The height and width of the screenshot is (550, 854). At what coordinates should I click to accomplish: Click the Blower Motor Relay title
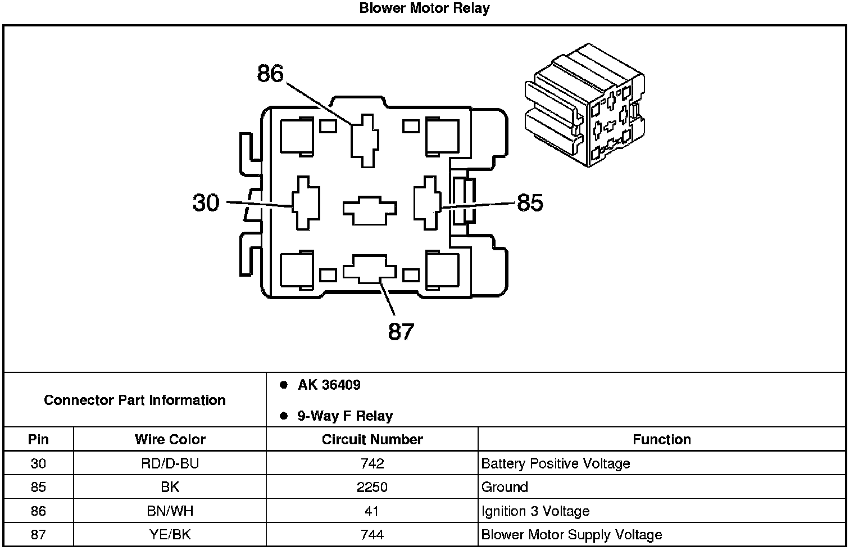coord(424,8)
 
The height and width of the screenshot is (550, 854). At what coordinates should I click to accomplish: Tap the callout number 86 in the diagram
coord(270,74)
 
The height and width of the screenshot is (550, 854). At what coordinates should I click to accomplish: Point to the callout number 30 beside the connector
coord(206,202)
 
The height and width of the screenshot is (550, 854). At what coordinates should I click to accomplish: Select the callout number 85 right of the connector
coord(530,203)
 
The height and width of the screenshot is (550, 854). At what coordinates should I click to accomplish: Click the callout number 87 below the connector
coord(401,332)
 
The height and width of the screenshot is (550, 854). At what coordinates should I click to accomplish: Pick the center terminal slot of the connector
coord(370,210)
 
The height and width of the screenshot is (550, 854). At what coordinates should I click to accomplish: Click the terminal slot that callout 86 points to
coord(365,140)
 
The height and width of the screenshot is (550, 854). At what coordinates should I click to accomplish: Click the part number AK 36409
coord(329,385)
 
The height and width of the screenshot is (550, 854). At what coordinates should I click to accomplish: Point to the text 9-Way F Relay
coord(344,416)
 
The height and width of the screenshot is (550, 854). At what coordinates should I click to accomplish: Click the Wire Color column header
coord(170,439)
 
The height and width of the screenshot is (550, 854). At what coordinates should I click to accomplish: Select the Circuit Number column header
coord(372,439)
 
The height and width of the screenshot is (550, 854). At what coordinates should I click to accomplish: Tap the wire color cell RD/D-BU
coord(170,463)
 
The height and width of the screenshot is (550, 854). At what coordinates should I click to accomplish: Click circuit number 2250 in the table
coord(372,487)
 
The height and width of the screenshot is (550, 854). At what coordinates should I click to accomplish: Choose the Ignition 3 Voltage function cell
coord(535,511)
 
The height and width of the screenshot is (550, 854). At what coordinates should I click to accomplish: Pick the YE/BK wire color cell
coord(170,535)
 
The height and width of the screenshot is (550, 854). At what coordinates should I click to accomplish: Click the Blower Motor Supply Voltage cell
coord(571,535)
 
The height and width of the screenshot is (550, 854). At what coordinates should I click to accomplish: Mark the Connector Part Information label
coord(135,400)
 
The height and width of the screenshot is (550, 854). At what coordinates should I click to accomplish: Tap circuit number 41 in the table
coord(372,511)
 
